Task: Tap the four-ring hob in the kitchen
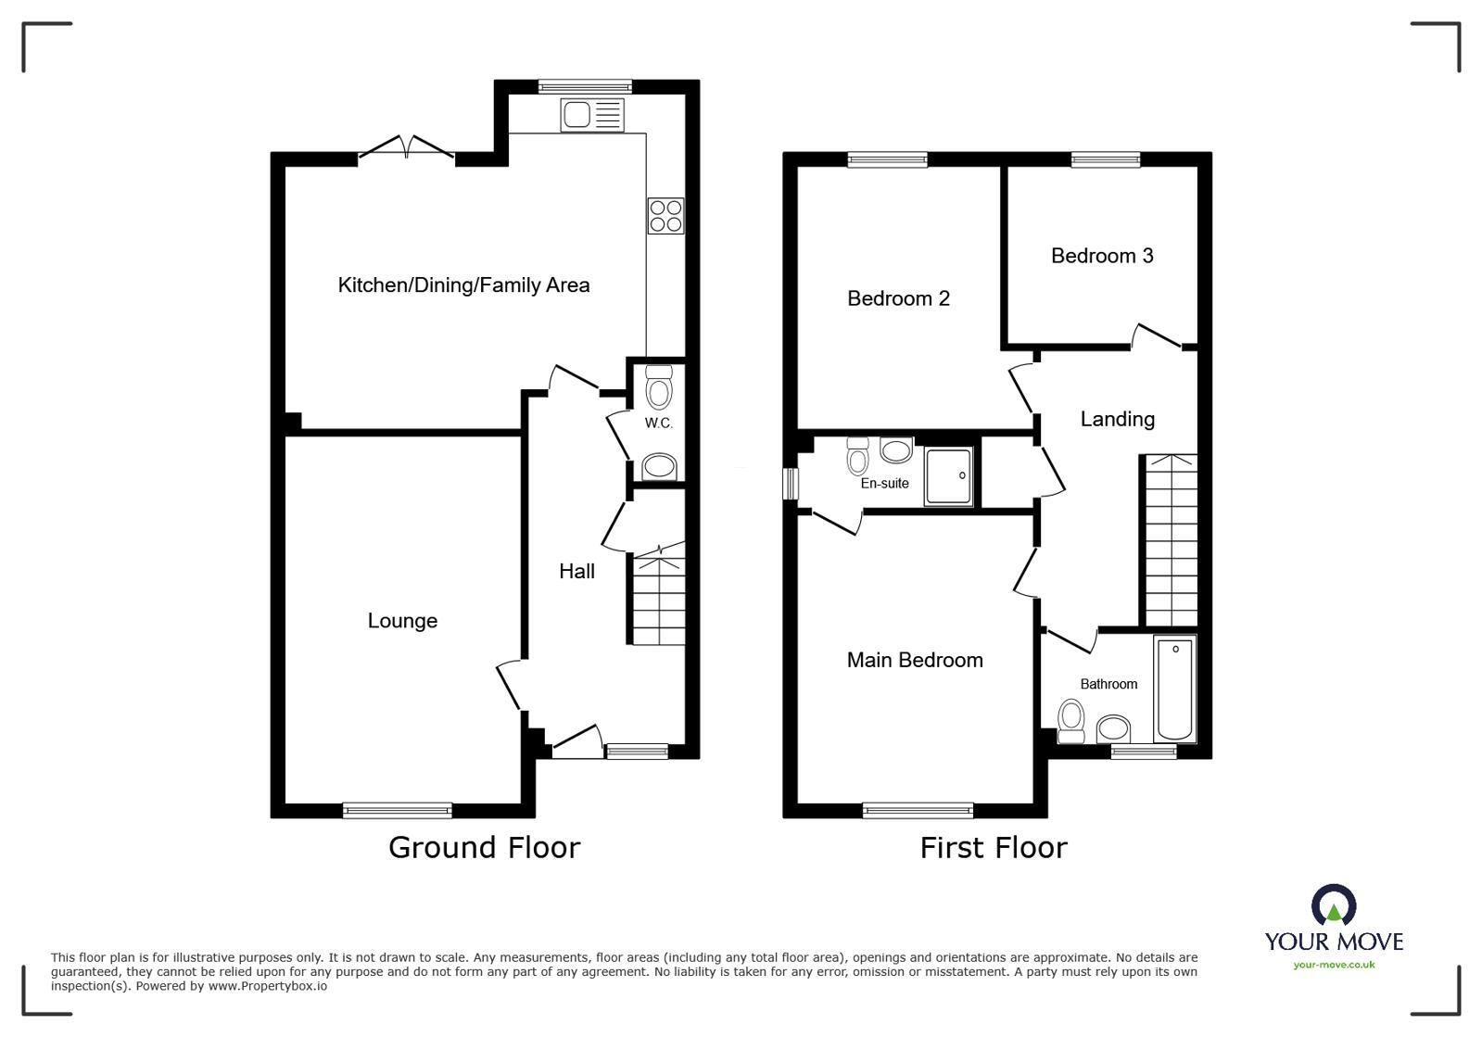click(x=665, y=216)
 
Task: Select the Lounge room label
click(x=402, y=621)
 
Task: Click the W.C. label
click(x=658, y=424)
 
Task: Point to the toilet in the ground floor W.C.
click(x=658, y=386)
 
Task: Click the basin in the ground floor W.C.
click(x=659, y=466)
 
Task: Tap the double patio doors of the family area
click(x=406, y=150)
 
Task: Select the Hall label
click(x=576, y=572)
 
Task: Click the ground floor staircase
click(x=659, y=598)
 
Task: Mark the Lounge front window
click(x=397, y=810)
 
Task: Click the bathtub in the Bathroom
click(x=1174, y=689)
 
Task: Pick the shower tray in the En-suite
click(x=948, y=476)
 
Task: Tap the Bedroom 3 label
click(x=1102, y=256)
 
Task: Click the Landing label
click(x=1117, y=419)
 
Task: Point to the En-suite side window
click(x=790, y=483)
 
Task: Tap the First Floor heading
click(x=993, y=847)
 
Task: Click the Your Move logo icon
click(x=1333, y=905)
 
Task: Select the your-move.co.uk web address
click(x=1334, y=965)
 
